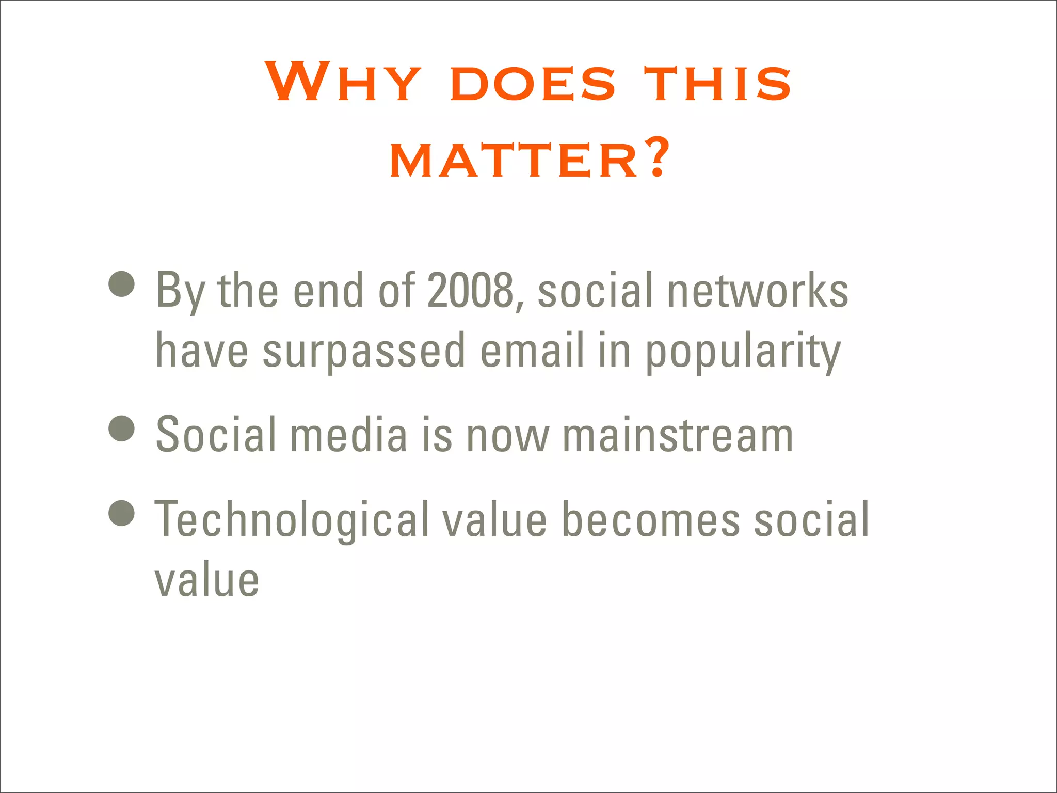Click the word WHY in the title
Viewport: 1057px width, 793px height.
pyautogui.click(x=343, y=83)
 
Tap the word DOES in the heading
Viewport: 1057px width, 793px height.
pyautogui.click(x=533, y=84)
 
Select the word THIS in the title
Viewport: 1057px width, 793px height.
pyautogui.click(x=717, y=84)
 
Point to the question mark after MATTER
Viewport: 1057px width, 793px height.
pyautogui.click(x=657, y=156)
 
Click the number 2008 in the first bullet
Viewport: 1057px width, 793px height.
pyautogui.click(x=470, y=291)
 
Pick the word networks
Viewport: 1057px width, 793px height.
pyautogui.click(x=758, y=291)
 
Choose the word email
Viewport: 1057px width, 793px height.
pyautogui.click(x=532, y=350)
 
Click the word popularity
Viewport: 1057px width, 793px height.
pyautogui.click(x=744, y=351)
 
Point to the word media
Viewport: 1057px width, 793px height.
pyautogui.click(x=349, y=435)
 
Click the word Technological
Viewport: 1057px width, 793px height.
pyautogui.click(x=292, y=520)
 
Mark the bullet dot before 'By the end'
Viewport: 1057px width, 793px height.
pyautogui.click(x=122, y=284)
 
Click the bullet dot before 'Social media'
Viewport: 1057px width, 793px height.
pyautogui.click(x=122, y=429)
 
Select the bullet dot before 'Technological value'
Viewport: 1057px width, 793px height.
pyautogui.click(x=122, y=513)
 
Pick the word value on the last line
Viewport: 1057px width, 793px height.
pyautogui.click(x=207, y=581)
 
